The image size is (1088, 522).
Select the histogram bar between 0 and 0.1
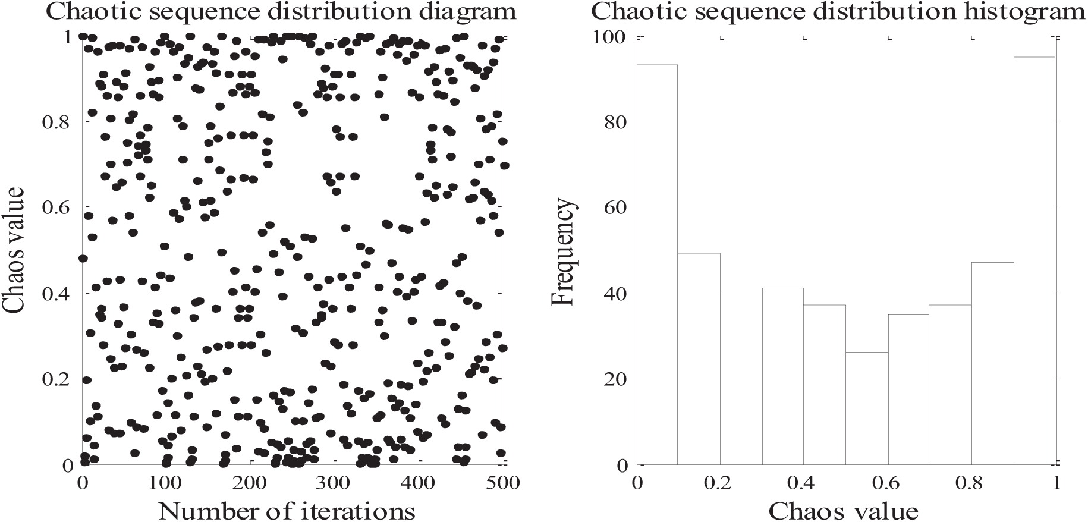coord(657,265)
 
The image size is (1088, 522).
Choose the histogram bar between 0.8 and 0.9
coord(992,363)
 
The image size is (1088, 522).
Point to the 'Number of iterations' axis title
coord(287,510)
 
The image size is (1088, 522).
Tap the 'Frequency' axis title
coord(563,251)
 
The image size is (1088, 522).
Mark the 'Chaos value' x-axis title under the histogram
coord(843,510)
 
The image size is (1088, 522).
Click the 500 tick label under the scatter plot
coord(502,482)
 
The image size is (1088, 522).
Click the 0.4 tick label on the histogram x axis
coord(803,482)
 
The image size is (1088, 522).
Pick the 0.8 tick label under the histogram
coord(971,482)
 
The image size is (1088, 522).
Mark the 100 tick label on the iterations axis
coord(166,482)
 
